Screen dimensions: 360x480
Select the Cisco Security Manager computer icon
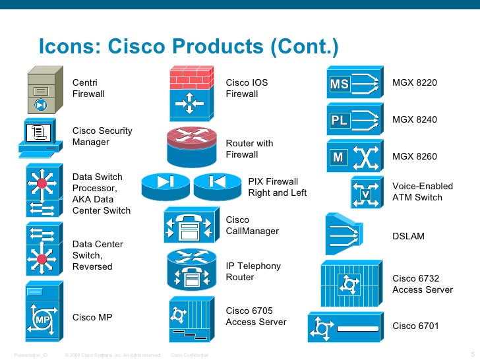coord(41,138)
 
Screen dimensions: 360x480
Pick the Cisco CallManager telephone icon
coord(190,226)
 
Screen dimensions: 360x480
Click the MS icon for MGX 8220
coord(355,83)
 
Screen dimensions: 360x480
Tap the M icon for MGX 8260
coord(355,157)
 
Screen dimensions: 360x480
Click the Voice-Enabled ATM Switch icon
coord(366,193)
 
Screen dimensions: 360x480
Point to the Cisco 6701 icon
coord(344,327)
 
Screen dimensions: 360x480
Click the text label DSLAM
coord(409,235)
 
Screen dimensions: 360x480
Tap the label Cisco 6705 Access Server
coord(256,316)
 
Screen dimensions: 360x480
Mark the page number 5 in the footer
coord(473,355)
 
